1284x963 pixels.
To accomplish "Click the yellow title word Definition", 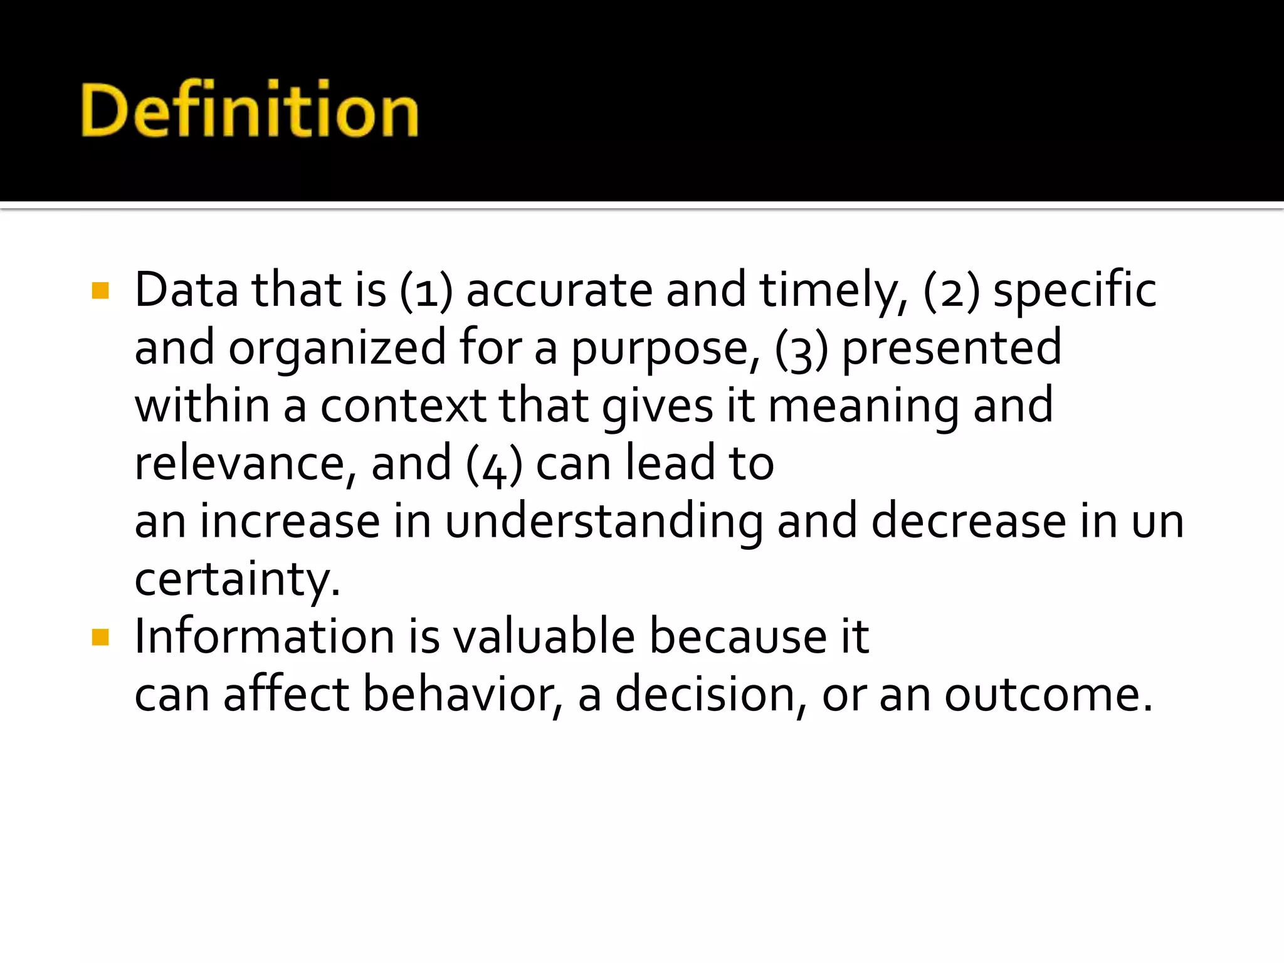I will tap(250, 110).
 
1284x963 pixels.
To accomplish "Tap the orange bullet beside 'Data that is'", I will tap(100, 290).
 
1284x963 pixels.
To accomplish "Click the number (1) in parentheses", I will tap(426, 291).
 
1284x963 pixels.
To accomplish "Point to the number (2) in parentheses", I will tap(952, 291).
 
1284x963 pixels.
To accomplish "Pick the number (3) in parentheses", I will tap(802, 349).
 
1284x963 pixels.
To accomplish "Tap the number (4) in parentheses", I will tap(494, 465).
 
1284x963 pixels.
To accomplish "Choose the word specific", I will tap(1075, 291).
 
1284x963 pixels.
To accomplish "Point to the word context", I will tap(403, 406).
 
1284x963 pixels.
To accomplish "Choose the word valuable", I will tap(544, 637).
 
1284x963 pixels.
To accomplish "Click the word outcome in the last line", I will tap(1048, 695).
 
